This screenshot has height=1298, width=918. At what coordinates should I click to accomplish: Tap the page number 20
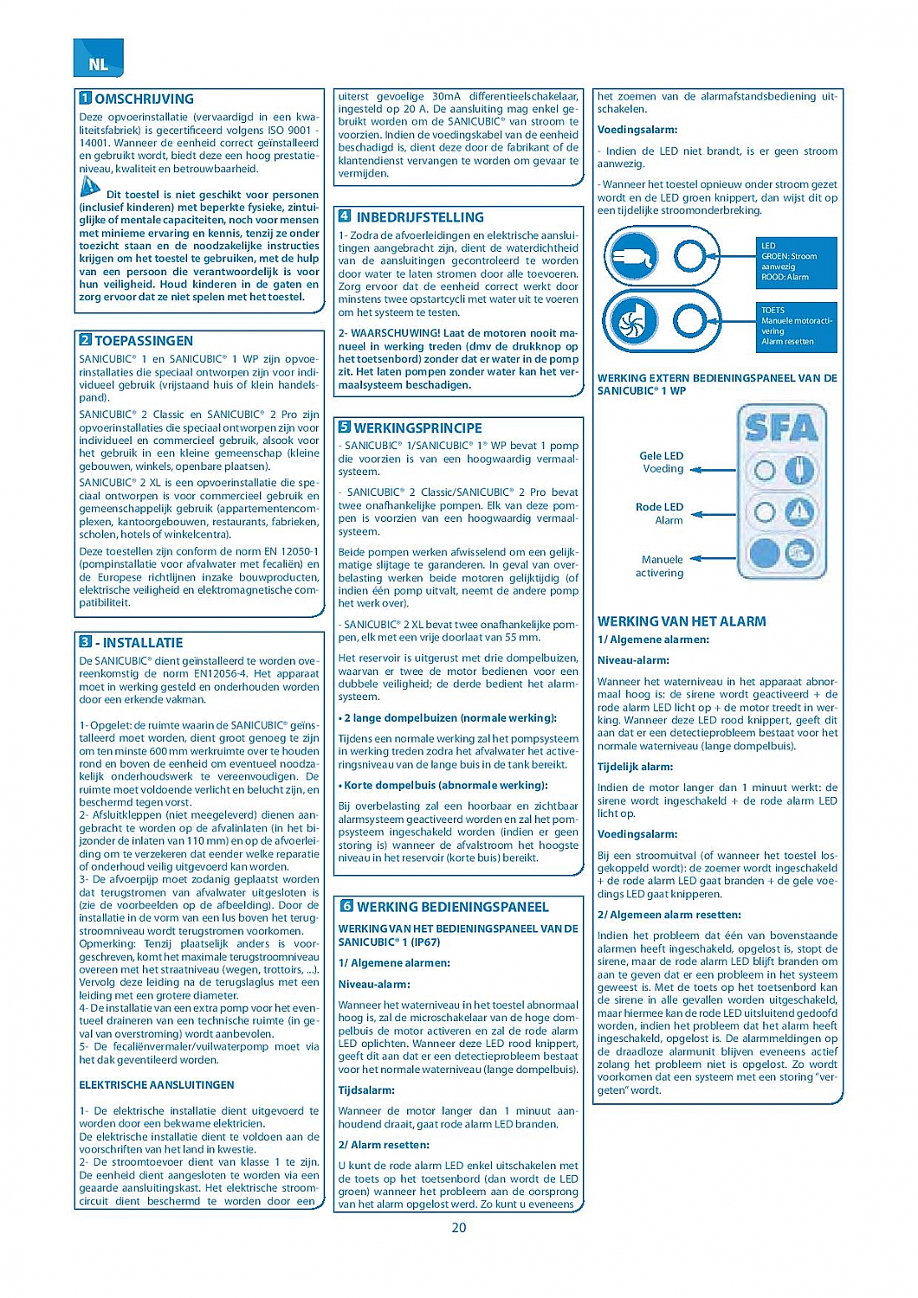coord(459,1227)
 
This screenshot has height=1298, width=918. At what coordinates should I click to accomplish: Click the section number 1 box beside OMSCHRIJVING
coord(86,99)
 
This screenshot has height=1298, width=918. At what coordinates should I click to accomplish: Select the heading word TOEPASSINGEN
coord(144,341)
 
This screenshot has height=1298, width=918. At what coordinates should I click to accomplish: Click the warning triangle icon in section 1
coord(90,186)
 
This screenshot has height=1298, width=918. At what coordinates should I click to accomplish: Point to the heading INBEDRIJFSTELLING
coord(420,217)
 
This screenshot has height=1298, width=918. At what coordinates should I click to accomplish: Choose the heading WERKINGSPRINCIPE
coord(418,427)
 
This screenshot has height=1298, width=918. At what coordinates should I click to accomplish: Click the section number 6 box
coord(346,906)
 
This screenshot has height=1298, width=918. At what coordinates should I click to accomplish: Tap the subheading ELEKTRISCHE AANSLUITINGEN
coord(157,1085)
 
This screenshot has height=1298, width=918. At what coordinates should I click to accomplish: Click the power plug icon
coord(634,255)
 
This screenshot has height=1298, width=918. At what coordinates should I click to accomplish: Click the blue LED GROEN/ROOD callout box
coord(797,262)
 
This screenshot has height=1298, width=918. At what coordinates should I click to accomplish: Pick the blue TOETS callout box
coord(797,326)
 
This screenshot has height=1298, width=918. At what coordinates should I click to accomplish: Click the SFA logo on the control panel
coord(781,427)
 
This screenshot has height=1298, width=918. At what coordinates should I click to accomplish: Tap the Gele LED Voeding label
coord(663,462)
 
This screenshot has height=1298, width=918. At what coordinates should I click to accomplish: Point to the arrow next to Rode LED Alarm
coord(712,513)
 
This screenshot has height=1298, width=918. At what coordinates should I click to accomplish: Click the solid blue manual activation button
coord(765,552)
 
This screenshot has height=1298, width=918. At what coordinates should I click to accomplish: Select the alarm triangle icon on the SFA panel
coord(798,513)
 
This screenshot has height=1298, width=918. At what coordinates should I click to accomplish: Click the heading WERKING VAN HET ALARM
coord(682,621)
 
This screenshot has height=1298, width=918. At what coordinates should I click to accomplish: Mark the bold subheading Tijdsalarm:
coord(366,1090)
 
